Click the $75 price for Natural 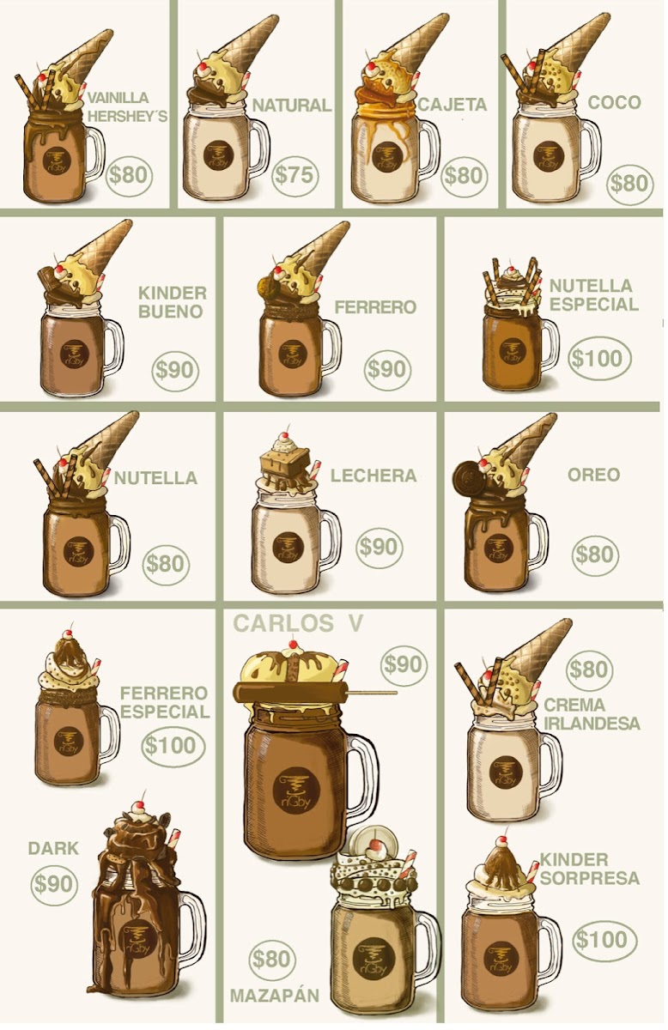coord(294,175)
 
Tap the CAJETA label coord(452,105)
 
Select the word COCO coord(614,102)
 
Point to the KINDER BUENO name coord(173,302)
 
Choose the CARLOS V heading coord(298,623)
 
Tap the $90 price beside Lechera coord(380,547)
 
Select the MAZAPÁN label coord(275,996)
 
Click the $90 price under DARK coord(53,884)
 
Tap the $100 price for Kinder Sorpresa coord(604,940)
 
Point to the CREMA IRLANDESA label coord(592,714)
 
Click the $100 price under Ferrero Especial coord(173,746)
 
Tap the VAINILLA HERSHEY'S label coord(127,107)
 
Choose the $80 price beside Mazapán coord(272,959)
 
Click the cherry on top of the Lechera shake coord(286,435)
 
